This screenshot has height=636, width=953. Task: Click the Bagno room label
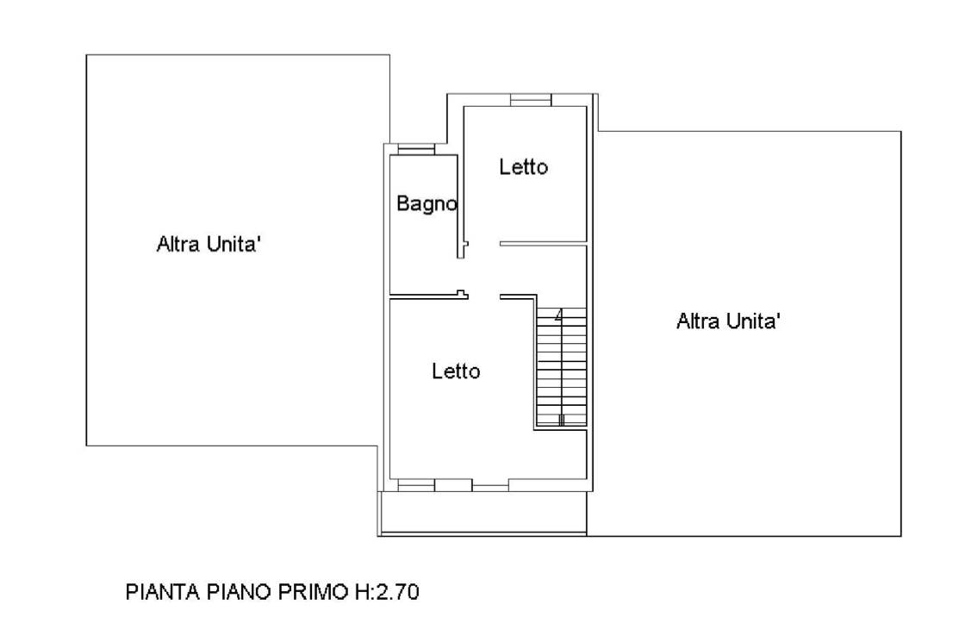tap(427, 203)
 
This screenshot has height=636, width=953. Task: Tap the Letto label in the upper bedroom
tap(523, 166)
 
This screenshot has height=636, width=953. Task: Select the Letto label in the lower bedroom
tap(456, 371)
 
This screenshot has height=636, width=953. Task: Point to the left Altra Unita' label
tap(209, 245)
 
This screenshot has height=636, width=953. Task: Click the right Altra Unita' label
tap(729, 321)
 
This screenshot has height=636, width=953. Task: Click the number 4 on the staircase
tap(558, 315)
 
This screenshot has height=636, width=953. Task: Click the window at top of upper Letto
tap(531, 100)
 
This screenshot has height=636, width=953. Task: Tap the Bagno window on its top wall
tap(416, 149)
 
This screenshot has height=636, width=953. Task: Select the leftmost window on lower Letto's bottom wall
tap(416, 484)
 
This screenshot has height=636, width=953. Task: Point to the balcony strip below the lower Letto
tap(483, 513)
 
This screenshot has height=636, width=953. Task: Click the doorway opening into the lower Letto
tap(483, 296)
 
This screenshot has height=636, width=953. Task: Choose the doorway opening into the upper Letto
tap(483, 244)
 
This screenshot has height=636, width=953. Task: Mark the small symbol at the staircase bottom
tap(561, 419)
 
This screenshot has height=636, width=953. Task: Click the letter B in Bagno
tap(402, 203)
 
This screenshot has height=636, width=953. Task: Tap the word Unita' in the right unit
tap(755, 321)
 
